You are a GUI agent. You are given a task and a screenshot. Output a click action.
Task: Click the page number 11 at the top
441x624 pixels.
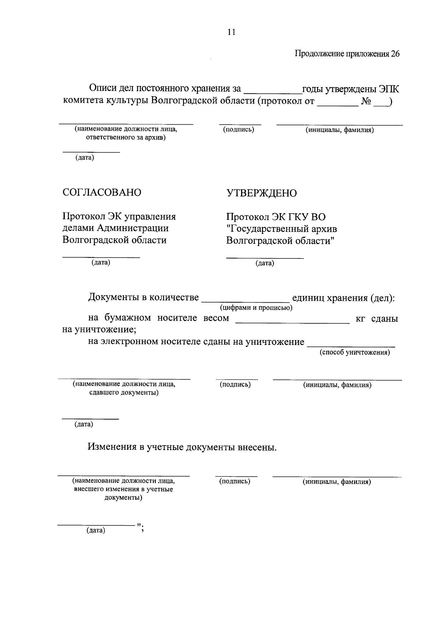[x=231, y=32]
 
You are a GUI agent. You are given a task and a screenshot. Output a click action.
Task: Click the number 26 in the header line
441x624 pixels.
[x=395, y=54]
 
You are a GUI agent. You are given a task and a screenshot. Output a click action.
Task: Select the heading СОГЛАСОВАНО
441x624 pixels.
[x=102, y=192]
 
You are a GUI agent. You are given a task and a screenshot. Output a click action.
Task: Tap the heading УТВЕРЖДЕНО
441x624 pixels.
[x=261, y=193]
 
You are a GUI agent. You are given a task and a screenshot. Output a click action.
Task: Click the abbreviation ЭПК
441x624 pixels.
[x=389, y=89]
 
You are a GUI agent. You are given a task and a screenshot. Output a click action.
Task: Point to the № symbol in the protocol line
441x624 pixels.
[x=366, y=101]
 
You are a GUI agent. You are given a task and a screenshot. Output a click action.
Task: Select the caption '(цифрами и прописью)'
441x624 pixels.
[x=256, y=308]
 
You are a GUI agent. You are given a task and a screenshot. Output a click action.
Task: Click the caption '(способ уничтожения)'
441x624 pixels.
[x=355, y=353]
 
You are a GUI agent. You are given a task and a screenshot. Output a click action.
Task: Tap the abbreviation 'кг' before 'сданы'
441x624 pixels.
[x=360, y=319]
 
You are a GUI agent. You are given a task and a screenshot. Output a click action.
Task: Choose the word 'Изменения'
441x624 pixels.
[x=112, y=447]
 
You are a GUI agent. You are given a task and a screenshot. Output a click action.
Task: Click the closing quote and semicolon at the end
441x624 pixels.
[x=140, y=528]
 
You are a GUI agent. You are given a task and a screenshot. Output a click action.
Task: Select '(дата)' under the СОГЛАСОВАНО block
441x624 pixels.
[x=101, y=263]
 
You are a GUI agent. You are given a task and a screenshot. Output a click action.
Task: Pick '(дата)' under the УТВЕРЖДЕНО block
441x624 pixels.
[x=265, y=263]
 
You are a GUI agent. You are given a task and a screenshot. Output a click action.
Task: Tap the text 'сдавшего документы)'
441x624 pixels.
[x=124, y=393]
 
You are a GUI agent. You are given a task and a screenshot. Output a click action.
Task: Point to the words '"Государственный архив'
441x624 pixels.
[x=282, y=229]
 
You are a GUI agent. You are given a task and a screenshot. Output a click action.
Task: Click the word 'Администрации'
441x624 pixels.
[x=133, y=228]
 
